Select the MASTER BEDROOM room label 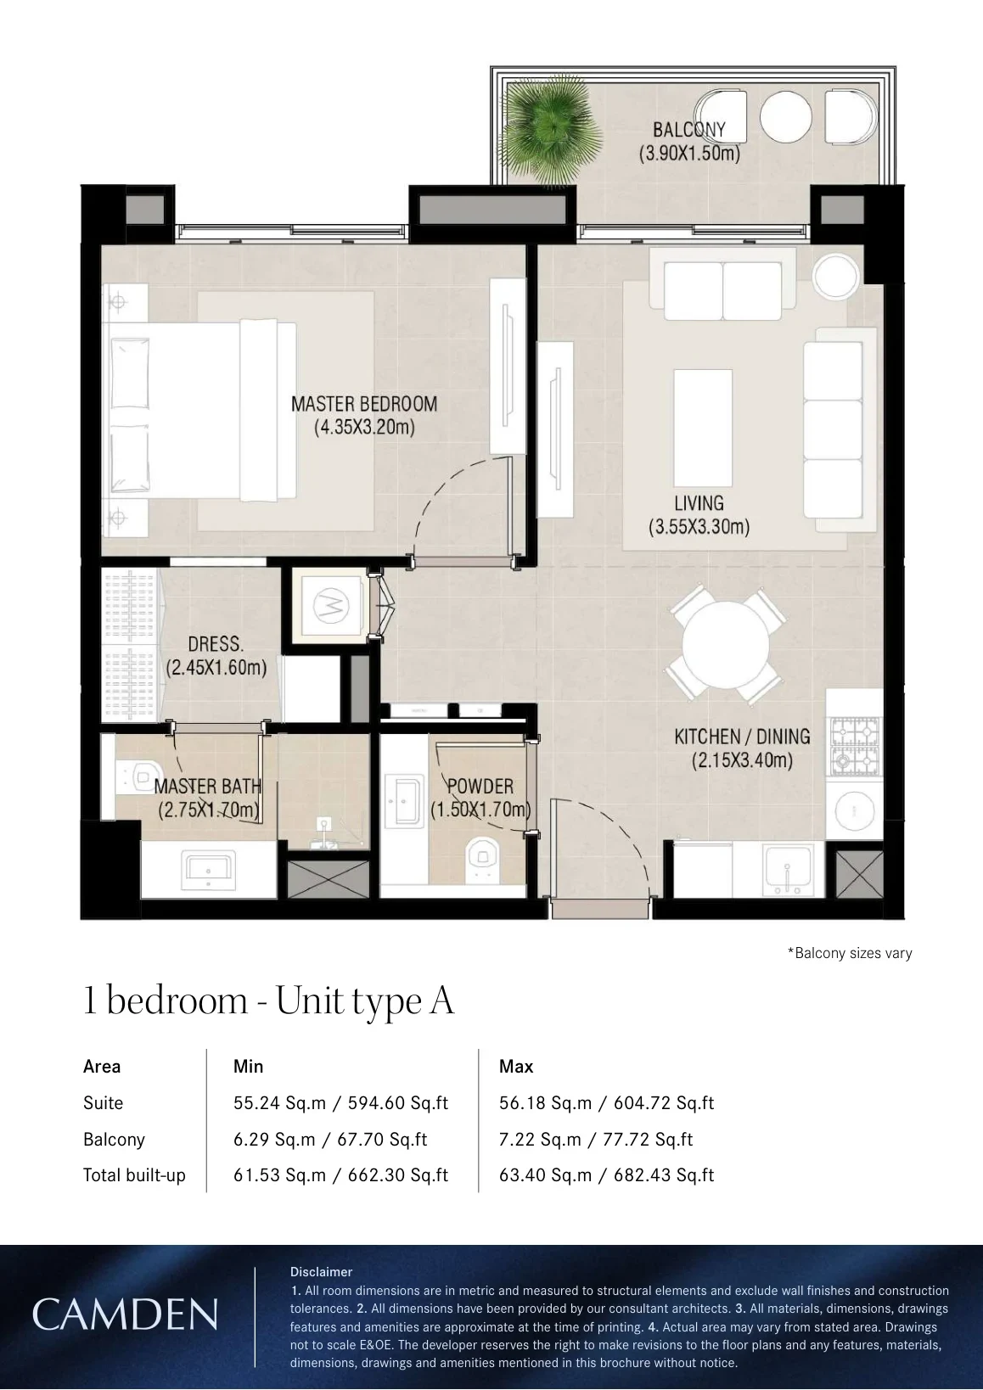coord(364,404)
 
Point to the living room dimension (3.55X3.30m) coord(699,527)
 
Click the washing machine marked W coord(331,606)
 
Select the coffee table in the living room coord(703,429)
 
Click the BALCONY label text coord(688,129)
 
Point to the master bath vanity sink coord(208,869)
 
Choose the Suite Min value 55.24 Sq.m coord(279,1102)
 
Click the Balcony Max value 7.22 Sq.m coord(540,1140)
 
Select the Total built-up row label coord(134,1175)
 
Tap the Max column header coord(516,1066)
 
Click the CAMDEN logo coord(125,1314)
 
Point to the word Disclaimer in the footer coord(321,1271)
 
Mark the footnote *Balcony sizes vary coord(850,952)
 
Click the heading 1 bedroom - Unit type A coord(269,1001)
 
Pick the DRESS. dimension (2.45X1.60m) coord(216,668)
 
